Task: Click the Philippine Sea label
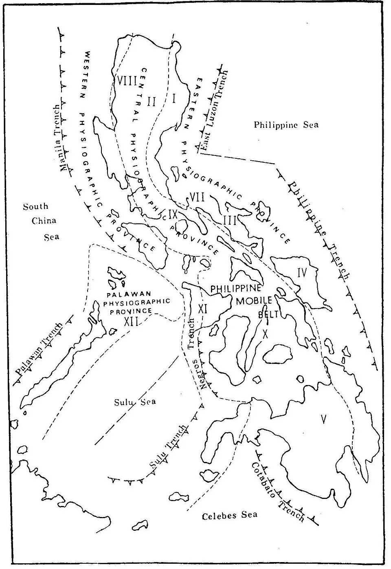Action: point(286,125)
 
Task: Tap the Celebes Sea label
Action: point(230,515)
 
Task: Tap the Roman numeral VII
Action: point(197,198)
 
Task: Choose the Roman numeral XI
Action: point(203,309)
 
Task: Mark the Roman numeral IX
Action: point(173,213)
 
